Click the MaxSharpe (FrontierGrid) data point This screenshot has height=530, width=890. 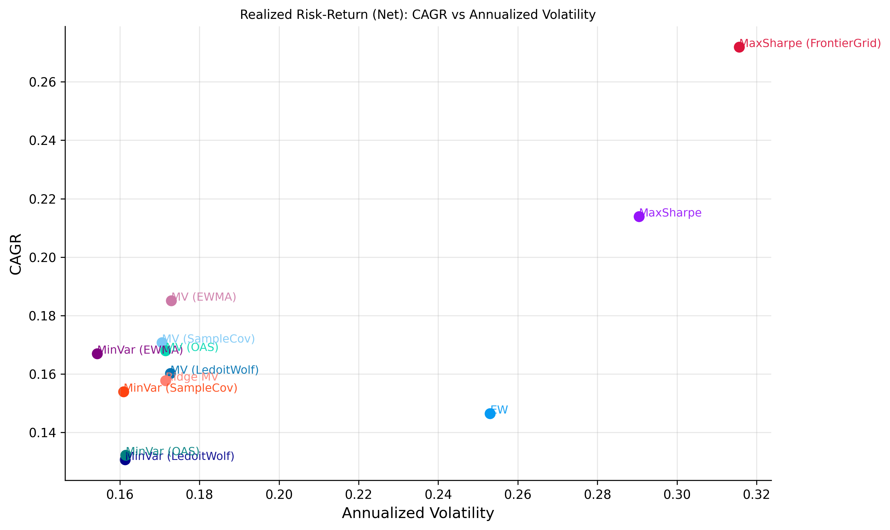point(739,47)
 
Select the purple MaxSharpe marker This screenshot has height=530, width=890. point(639,216)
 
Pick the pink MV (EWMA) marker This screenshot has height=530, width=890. point(171,301)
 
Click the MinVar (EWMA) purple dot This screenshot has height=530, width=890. point(97,354)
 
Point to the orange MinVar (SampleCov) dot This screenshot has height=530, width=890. point(123,392)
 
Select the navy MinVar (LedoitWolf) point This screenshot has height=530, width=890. point(125,460)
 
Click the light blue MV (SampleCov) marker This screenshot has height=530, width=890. point(162,343)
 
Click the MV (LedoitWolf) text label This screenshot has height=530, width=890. point(214,370)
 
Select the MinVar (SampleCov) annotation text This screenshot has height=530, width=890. point(181,388)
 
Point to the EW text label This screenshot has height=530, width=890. point(499,410)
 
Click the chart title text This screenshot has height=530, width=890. point(417,15)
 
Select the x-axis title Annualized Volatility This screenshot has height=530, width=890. point(418,513)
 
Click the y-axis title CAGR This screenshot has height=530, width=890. point(16,254)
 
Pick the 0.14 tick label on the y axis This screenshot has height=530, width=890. point(42,433)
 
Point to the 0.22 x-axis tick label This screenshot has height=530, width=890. point(358,495)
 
